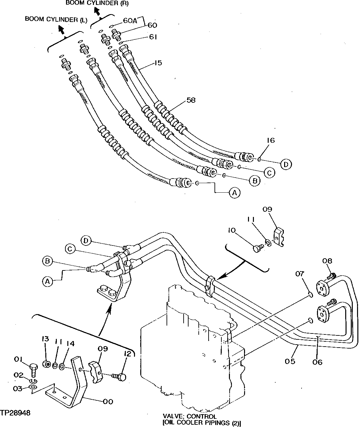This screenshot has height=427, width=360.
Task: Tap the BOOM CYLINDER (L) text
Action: tap(56, 20)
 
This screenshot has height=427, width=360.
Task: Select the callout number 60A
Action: tap(130, 20)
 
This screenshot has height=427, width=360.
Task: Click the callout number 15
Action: tap(158, 62)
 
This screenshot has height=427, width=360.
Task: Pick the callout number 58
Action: tap(191, 100)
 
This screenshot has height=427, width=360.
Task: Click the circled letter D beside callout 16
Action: tap(286, 164)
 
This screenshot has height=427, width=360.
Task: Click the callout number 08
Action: tap(327, 261)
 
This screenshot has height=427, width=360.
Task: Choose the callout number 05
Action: tap(290, 361)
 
